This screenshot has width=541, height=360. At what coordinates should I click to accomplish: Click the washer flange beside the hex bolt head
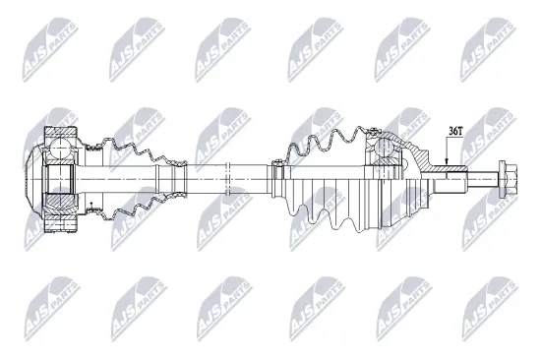(497, 180)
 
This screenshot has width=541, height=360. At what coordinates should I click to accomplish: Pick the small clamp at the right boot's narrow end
(277, 177)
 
